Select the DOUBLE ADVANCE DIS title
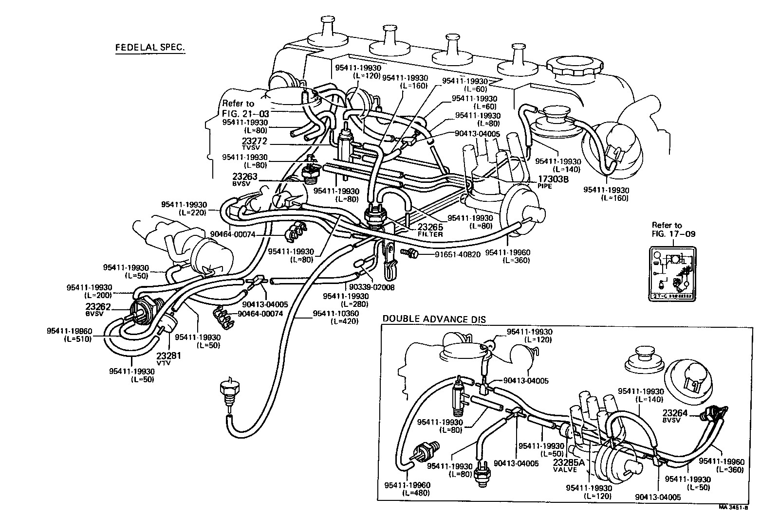pos(434,319)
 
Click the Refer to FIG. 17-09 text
pos(673,230)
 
